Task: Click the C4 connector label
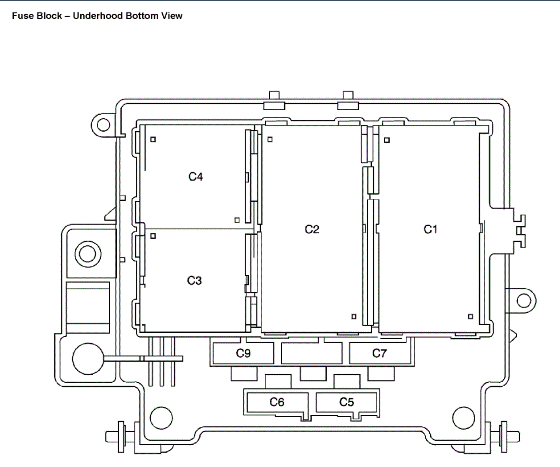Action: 196,177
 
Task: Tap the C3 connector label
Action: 195,281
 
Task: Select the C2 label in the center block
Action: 312,229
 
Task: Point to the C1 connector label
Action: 430,229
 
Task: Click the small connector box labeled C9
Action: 243,354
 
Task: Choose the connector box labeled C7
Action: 379,354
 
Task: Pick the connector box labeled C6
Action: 277,402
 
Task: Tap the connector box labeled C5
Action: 347,402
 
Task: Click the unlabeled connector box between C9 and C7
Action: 311,354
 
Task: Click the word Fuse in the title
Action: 22,16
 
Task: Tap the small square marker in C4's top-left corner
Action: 153,139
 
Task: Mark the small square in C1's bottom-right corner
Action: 471,316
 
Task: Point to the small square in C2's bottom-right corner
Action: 354,316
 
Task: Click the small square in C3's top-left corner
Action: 153,235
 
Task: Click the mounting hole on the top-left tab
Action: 103,124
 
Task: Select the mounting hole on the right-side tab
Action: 523,300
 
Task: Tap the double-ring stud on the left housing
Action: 88,253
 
